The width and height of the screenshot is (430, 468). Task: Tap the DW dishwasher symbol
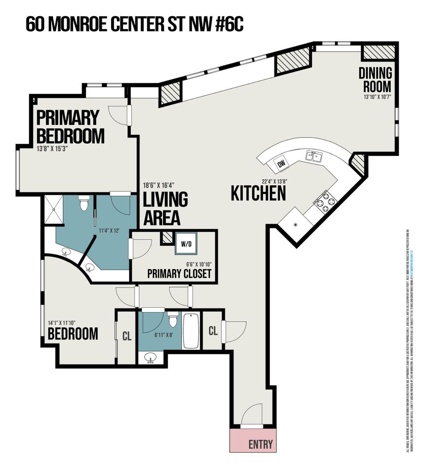281,164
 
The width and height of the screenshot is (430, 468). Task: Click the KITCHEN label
258,193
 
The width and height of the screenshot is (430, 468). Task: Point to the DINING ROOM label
375,79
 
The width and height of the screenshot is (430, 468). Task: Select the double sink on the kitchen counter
314,156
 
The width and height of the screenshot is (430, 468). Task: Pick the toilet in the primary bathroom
83,204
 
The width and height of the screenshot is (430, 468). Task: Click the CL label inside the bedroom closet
127,336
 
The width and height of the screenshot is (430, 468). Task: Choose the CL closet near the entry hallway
213,331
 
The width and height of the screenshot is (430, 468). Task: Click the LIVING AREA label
165,208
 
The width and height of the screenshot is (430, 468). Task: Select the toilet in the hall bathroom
173,320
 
